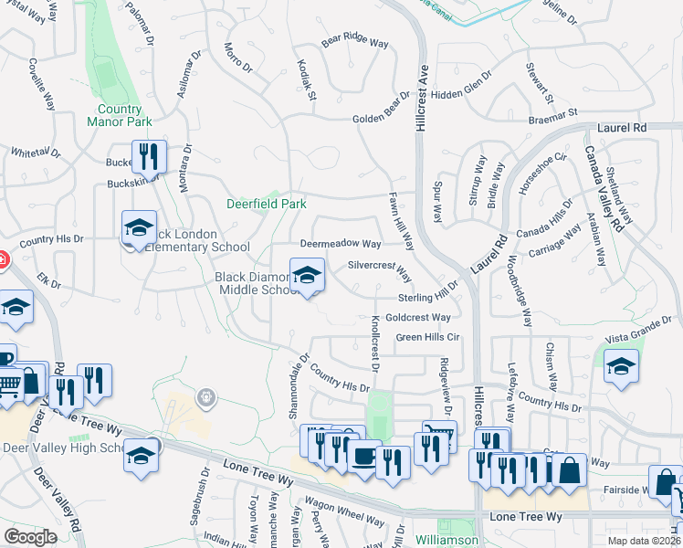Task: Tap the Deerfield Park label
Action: [x=267, y=204]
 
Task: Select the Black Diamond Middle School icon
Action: [x=307, y=274]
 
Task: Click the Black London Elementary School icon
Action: [x=139, y=228]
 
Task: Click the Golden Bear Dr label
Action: [x=383, y=120]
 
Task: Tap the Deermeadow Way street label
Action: [x=341, y=245]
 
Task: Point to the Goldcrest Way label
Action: [x=418, y=318]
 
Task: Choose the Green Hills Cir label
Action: [x=426, y=337]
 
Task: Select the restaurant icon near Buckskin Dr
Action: [x=148, y=157]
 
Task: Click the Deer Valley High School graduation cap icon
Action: [x=142, y=456]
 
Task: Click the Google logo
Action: [x=30, y=538]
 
